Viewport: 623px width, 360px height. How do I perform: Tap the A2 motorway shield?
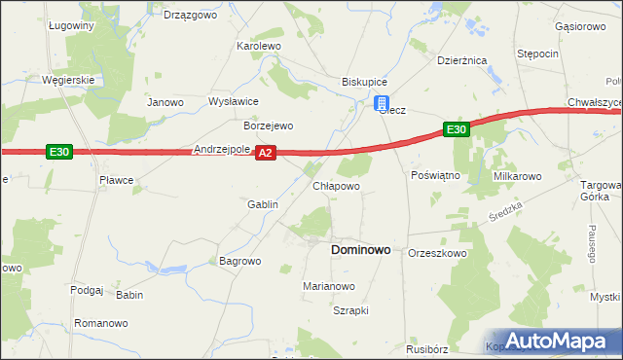[x=267, y=153]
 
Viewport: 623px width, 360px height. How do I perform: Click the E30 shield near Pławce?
[x=58, y=151]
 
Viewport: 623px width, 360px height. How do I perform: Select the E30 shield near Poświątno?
[x=458, y=128]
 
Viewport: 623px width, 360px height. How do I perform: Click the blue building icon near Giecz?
[x=383, y=104]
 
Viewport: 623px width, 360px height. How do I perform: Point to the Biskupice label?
[x=364, y=82]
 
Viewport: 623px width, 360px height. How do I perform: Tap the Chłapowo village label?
[x=336, y=186]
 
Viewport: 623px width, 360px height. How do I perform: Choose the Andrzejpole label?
[x=222, y=150]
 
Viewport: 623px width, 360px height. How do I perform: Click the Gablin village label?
[x=263, y=205]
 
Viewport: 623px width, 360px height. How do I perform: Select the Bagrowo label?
[x=239, y=262]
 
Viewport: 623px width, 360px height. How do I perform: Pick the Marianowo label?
[x=328, y=287]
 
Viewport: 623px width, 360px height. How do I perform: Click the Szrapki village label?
[x=350, y=311]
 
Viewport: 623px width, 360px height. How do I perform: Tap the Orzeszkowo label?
[x=438, y=253]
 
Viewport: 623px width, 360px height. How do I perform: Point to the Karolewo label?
[x=259, y=46]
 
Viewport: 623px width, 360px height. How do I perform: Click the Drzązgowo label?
[x=188, y=16]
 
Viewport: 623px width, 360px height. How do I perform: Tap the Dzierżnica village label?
[x=461, y=60]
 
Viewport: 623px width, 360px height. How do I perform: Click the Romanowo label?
[x=101, y=322]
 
